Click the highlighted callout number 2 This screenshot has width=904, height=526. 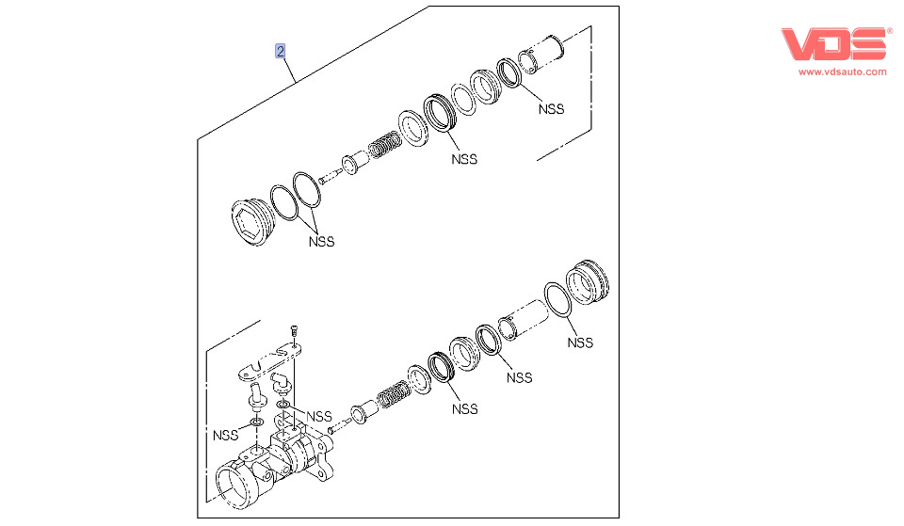click(x=280, y=51)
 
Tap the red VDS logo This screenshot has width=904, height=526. click(x=835, y=44)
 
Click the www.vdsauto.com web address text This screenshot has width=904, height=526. click(x=843, y=72)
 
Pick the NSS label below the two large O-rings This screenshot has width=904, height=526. click(x=321, y=241)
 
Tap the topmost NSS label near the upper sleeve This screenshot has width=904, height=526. click(x=551, y=108)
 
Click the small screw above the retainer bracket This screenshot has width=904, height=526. click(x=293, y=329)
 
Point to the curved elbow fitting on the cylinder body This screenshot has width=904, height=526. click(x=281, y=383)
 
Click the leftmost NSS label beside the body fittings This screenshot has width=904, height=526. click(x=225, y=435)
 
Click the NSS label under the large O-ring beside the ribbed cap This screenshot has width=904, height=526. click(x=580, y=343)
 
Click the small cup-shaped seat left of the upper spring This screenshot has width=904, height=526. click(x=352, y=166)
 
